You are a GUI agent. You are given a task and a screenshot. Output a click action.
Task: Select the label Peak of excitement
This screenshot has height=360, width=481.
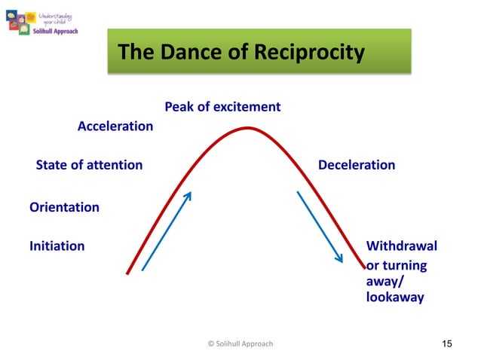tap(222, 107)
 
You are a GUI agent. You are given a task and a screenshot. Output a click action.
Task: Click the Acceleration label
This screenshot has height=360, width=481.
tap(115, 127)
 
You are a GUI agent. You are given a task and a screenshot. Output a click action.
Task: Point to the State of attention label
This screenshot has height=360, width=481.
tap(89, 165)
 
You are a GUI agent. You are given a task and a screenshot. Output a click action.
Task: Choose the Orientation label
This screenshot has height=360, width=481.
tap(64, 206)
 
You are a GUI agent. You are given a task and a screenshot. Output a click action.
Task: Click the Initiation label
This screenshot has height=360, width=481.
tap(57, 246)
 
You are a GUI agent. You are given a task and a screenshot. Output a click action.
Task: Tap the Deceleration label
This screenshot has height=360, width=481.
tap(357, 165)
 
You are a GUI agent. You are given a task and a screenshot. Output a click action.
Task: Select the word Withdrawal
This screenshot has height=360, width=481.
tap(401, 246)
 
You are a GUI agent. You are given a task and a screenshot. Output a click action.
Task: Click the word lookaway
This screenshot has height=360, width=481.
tap(394, 297)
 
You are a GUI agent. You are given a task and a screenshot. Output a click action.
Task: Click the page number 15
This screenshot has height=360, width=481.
tap(446, 344)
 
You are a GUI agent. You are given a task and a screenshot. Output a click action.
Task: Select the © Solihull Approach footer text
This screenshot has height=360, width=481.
tap(240, 344)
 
